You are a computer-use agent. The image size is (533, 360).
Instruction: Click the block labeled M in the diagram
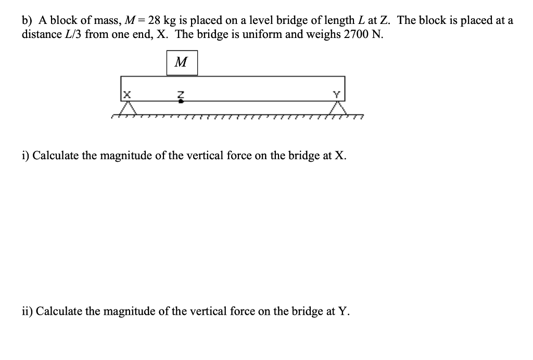click(x=182, y=63)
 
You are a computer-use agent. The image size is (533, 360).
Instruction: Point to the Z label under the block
click(x=181, y=94)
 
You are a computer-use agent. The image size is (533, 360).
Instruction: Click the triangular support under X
click(x=126, y=108)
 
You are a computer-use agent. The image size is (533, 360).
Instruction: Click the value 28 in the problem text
click(x=154, y=21)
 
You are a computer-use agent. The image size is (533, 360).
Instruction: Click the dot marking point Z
click(x=181, y=101)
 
